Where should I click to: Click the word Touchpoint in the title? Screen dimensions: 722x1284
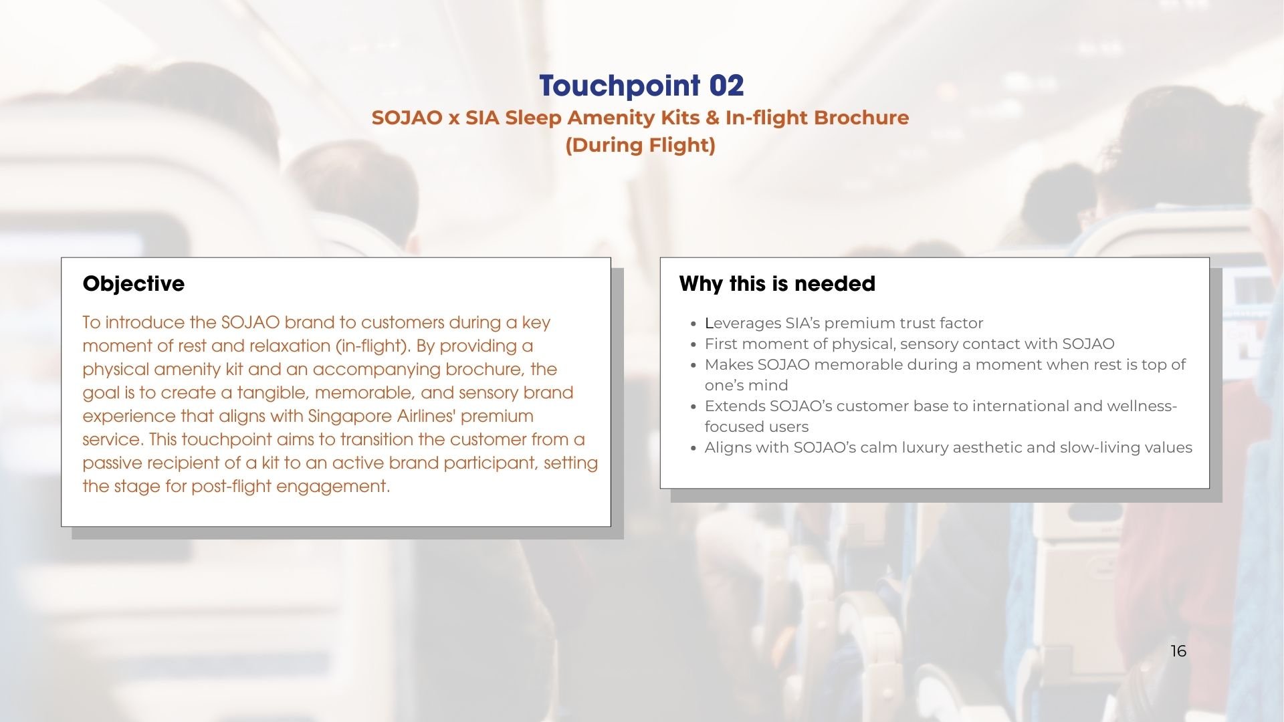pos(619,86)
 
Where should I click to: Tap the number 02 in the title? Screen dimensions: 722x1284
pos(726,86)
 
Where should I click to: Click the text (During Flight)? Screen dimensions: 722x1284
pos(641,145)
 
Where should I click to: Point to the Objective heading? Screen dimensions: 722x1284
pos(134,283)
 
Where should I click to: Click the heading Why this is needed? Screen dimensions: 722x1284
pos(777,283)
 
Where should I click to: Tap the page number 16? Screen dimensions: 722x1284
pos(1178,651)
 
